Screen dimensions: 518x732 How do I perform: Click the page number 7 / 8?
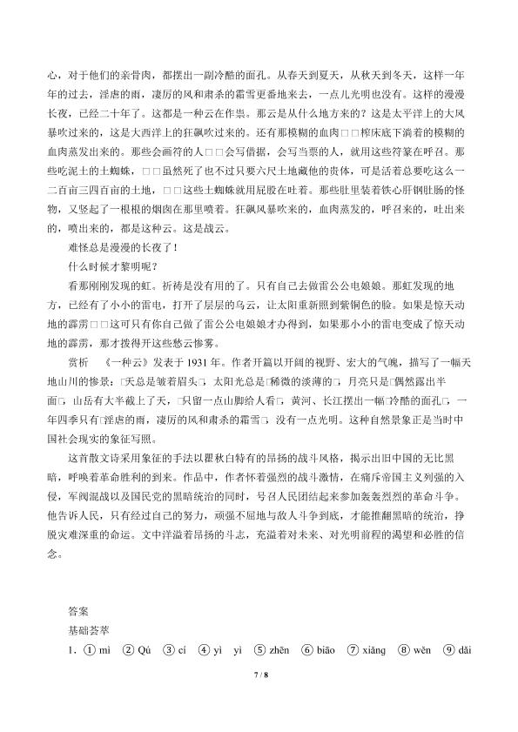pos(259,699)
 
